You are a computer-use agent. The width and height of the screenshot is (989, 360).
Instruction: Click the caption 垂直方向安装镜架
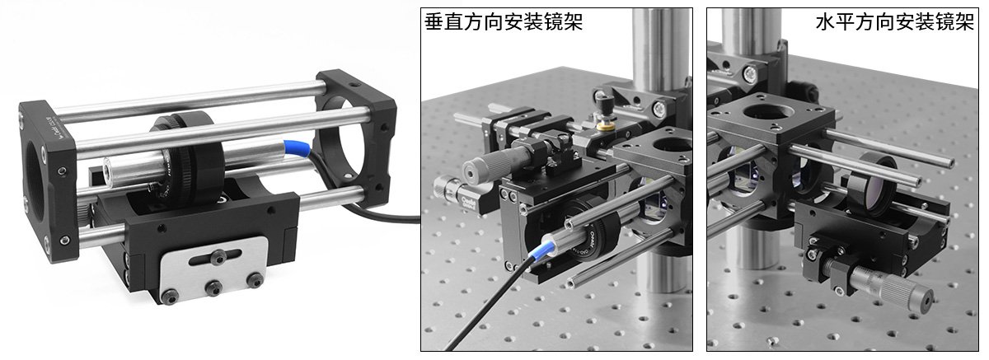point(504,21)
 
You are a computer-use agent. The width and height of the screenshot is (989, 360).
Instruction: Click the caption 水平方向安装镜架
point(894,21)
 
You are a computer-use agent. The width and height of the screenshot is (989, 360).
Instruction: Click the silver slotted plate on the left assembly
point(213,270)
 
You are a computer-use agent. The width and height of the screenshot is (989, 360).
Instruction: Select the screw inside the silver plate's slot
point(217,256)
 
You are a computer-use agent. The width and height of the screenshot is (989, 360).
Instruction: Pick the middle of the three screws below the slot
point(213,288)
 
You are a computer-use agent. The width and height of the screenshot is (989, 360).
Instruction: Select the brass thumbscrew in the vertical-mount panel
point(604,126)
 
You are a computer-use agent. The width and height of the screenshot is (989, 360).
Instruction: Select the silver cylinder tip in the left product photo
point(108,169)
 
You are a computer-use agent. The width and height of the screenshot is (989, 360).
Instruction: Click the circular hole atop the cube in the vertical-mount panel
point(671,144)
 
